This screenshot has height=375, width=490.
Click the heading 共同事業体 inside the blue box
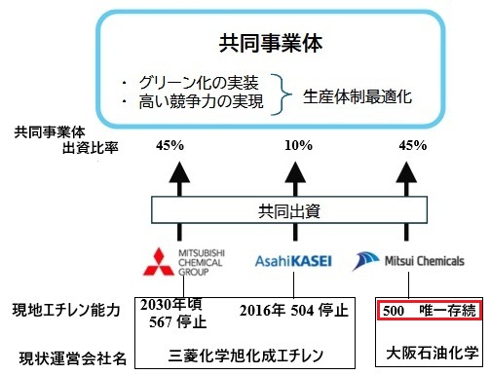tap(271, 44)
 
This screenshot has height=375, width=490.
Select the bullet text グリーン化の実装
tap(199, 83)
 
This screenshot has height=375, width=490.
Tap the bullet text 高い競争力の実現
tap(201, 101)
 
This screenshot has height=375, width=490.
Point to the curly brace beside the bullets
tap(282, 94)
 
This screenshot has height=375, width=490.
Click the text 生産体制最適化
tap(358, 96)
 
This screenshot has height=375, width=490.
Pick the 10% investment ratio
tap(298, 145)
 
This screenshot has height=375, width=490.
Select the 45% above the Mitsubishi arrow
tap(170, 145)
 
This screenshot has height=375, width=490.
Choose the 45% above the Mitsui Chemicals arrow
tap(413, 145)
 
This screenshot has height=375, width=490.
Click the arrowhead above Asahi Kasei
tap(295, 172)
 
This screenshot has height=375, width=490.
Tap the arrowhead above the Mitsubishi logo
tap(179, 172)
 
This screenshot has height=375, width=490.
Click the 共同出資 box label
tap(289, 211)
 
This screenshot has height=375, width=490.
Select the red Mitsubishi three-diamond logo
tap(159, 262)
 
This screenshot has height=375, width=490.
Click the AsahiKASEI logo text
tap(293, 261)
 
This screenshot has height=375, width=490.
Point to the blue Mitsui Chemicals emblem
tap(365, 261)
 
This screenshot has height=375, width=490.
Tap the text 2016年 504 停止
tap(294, 311)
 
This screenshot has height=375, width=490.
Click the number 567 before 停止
tap(161, 322)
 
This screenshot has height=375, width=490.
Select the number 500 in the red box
tap(394, 311)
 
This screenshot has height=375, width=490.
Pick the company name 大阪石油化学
tap(433, 354)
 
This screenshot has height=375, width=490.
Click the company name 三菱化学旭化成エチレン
tap(245, 356)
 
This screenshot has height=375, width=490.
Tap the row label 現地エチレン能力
tap(66, 310)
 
